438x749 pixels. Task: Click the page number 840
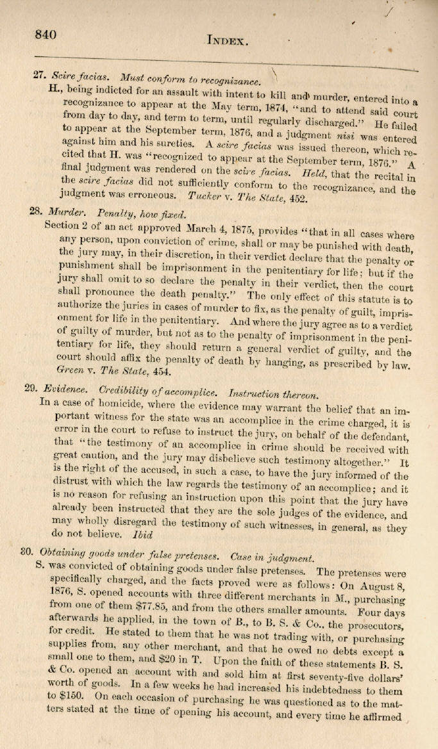coord(46,35)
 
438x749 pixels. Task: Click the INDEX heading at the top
coord(227,41)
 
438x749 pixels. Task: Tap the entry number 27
coord(38,74)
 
